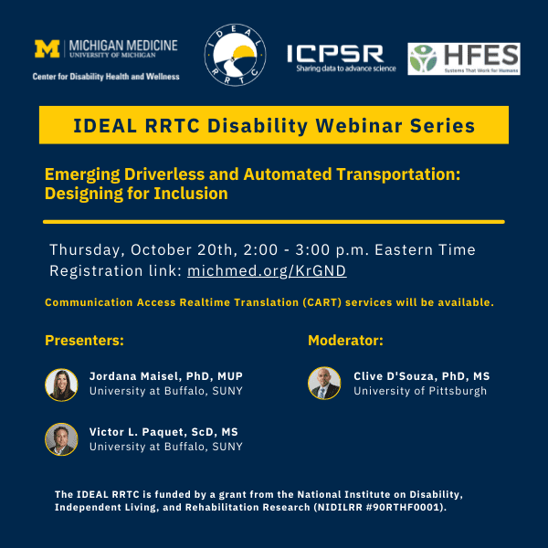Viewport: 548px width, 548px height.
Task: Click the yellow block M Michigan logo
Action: (47, 48)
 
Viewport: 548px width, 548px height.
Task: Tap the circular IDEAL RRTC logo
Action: (235, 55)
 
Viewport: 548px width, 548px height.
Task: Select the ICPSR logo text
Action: (335, 54)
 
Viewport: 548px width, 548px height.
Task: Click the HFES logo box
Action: (464, 58)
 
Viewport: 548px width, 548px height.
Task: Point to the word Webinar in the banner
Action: (359, 125)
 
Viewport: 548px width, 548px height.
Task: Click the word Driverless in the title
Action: (164, 174)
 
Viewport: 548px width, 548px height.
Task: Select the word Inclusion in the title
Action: (191, 194)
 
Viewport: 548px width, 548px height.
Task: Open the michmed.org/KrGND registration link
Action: (267, 271)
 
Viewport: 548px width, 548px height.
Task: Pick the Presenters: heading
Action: (84, 340)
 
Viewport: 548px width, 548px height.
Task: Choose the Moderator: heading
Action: (345, 340)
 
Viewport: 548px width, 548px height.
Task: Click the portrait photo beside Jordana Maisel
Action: (61, 385)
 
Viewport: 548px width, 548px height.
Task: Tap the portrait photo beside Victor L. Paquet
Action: (61, 439)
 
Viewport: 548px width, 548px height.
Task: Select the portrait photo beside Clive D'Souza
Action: (324, 383)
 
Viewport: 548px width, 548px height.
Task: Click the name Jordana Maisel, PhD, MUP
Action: (166, 376)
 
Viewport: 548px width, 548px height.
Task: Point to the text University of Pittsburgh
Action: (420, 391)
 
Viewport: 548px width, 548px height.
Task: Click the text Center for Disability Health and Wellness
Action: (106, 77)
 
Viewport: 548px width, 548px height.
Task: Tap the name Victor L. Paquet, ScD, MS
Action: (163, 432)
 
